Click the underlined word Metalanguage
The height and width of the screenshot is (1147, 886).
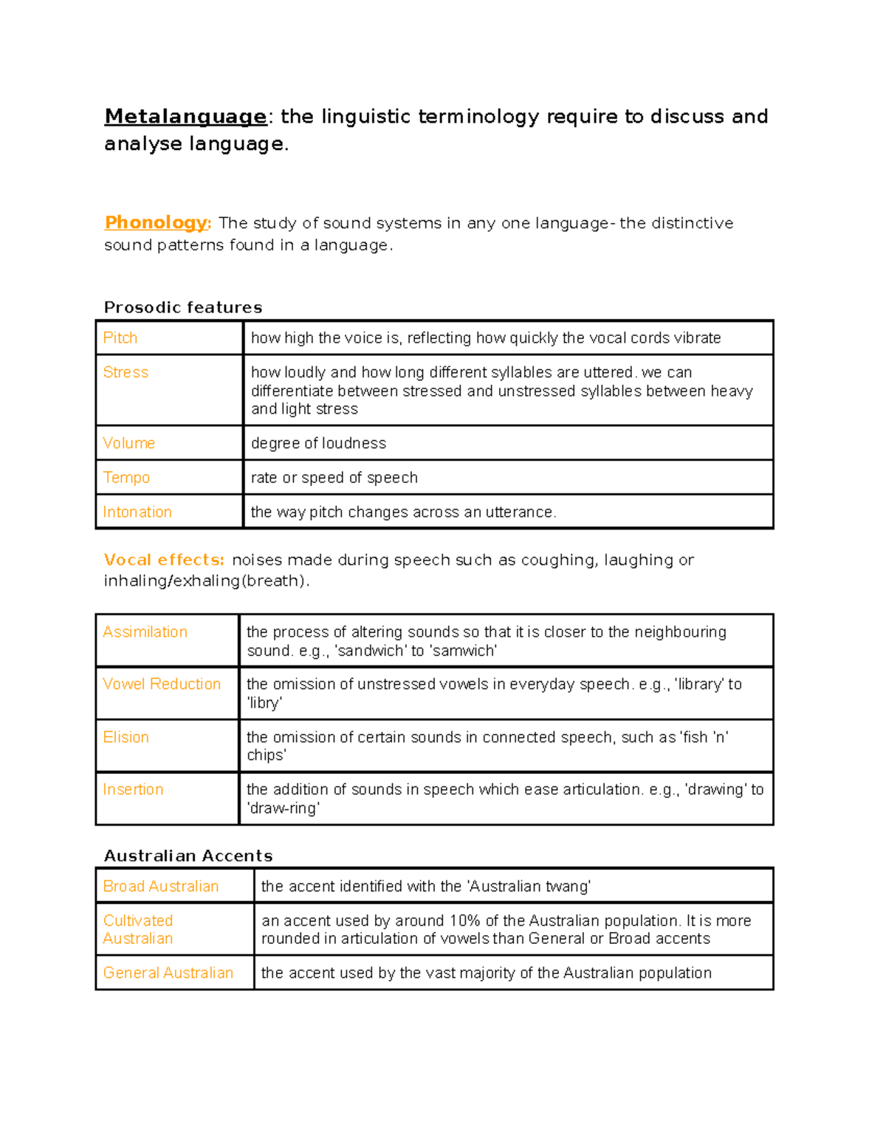[x=185, y=117]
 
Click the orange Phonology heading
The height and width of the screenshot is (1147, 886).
[x=157, y=222]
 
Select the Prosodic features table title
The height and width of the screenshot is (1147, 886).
[x=183, y=307]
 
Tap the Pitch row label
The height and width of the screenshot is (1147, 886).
[x=120, y=338]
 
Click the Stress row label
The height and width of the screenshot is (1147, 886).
[x=126, y=372]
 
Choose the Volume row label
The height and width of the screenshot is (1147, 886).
[x=129, y=443]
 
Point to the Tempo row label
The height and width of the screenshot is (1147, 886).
[x=126, y=478]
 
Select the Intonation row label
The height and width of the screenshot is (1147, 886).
[x=137, y=512]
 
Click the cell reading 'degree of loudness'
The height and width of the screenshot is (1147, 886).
[x=318, y=443]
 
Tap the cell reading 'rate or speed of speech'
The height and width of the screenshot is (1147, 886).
[x=334, y=478]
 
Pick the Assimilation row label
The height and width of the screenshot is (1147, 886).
[x=145, y=632]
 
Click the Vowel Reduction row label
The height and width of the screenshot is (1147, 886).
[x=162, y=684]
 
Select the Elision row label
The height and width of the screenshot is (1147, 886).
[x=126, y=737]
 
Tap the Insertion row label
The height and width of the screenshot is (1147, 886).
[x=133, y=790]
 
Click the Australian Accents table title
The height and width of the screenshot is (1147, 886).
[x=188, y=856]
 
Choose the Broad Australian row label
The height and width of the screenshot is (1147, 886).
[x=161, y=886]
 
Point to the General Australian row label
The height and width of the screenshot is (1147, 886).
[x=168, y=973]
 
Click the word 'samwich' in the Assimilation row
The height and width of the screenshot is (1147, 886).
[x=463, y=651]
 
